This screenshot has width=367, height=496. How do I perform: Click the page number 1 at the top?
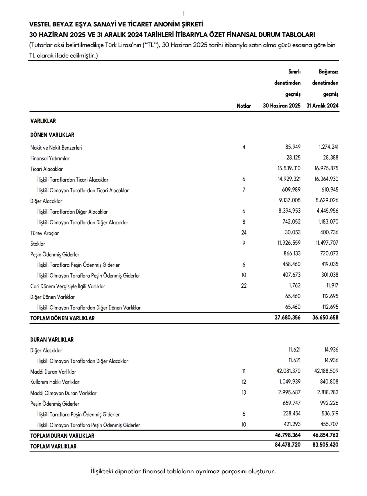point(183,14)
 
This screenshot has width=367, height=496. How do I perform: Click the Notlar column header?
point(244,106)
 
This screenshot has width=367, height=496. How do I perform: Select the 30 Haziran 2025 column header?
point(282,105)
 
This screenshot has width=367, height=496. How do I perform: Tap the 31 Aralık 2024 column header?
point(322,105)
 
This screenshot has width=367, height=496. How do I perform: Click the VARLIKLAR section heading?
point(43,121)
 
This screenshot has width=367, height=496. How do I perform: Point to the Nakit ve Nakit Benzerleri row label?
point(56,148)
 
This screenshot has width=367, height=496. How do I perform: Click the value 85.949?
point(293,147)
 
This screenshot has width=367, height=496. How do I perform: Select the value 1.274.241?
point(328,147)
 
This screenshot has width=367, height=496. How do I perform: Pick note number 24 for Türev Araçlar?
point(244,232)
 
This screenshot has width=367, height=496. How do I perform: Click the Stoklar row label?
point(38,244)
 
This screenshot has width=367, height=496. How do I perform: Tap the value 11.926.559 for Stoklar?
point(289,243)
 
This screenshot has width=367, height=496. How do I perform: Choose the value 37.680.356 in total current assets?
point(287,317)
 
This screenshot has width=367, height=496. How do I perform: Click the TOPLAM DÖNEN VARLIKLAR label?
point(62,318)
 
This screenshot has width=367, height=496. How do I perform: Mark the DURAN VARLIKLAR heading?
point(52,340)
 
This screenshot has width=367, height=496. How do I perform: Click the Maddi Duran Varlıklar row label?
point(53,372)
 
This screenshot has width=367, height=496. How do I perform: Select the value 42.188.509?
point(326,371)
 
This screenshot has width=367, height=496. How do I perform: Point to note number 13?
point(244,393)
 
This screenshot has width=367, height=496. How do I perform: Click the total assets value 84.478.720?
point(287,445)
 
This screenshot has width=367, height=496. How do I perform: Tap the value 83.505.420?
point(325,445)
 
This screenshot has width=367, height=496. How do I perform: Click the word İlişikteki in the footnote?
point(102,471)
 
